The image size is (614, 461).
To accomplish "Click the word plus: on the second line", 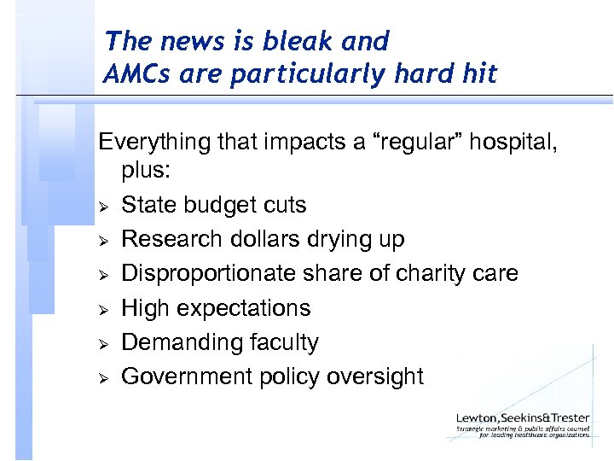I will pyautogui.click(x=146, y=171).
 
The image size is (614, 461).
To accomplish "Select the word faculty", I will pyautogui.click(x=284, y=342).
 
